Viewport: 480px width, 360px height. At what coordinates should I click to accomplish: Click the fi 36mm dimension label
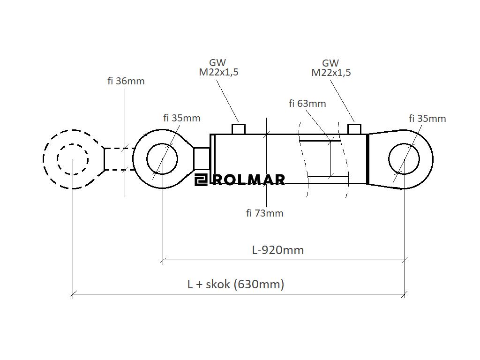[x=126, y=81]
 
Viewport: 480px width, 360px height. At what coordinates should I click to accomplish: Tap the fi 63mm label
[x=307, y=104]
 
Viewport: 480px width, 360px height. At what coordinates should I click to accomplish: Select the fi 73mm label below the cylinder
[x=265, y=213]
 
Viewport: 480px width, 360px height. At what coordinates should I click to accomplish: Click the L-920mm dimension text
[x=278, y=250]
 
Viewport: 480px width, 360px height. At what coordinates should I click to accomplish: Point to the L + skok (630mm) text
[x=236, y=284]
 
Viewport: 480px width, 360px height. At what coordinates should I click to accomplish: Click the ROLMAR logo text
[x=248, y=180]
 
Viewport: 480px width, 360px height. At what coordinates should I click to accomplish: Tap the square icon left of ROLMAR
[x=201, y=180]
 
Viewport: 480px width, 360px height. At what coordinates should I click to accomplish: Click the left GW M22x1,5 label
[x=218, y=67]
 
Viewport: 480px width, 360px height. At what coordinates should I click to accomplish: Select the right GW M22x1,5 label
[x=331, y=67]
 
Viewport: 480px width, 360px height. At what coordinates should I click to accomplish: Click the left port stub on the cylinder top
[x=239, y=129]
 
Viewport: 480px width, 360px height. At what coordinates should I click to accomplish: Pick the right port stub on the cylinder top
[x=354, y=129]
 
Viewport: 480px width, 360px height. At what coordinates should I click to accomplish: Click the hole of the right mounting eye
[x=404, y=159]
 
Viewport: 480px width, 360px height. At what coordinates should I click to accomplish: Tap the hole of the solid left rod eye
[x=162, y=159]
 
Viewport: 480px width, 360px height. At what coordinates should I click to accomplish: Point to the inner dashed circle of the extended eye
[x=73, y=159]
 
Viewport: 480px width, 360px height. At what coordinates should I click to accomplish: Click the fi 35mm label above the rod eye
[x=181, y=118]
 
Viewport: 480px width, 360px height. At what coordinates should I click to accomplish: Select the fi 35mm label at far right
[x=427, y=119]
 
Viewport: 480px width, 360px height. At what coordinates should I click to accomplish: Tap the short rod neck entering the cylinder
[x=202, y=158]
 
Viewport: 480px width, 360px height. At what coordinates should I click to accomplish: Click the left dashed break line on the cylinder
[x=303, y=159]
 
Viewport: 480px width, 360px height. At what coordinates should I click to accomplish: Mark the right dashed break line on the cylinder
[x=346, y=159]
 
